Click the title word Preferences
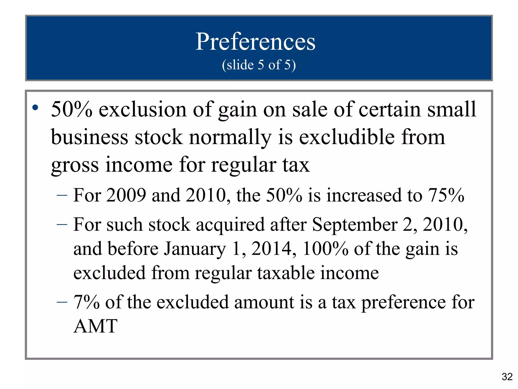(x=255, y=42)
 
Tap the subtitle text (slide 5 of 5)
(x=259, y=65)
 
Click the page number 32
(x=507, y=377)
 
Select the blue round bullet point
(x=35, y=108)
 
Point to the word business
(x=90, y=137)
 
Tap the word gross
(x=75, y=165)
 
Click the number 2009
(x=126, y=195)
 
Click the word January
(x=195, y=249)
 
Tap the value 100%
(x=325, y=249)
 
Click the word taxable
(x=286, y=273)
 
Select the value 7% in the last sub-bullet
(x=86, y=302)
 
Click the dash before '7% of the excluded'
(x=62, y=302)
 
